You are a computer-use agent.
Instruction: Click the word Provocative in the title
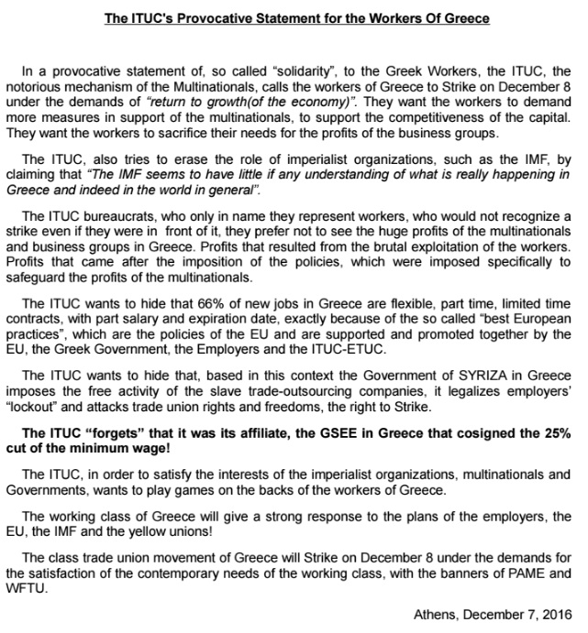point(214,18)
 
